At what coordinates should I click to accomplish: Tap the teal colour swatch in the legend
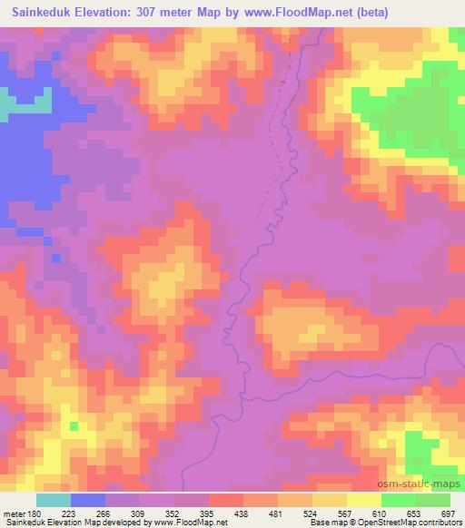54,500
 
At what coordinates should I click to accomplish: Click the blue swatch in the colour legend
89,500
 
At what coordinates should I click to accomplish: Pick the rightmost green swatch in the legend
433,500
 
